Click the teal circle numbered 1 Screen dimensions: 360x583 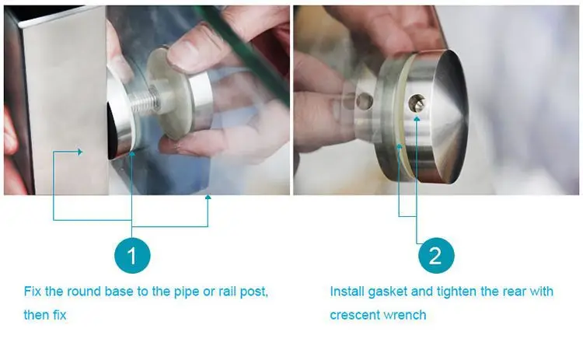(132, 256)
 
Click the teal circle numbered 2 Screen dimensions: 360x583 (435, 256)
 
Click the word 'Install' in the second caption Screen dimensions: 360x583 (347, 292)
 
